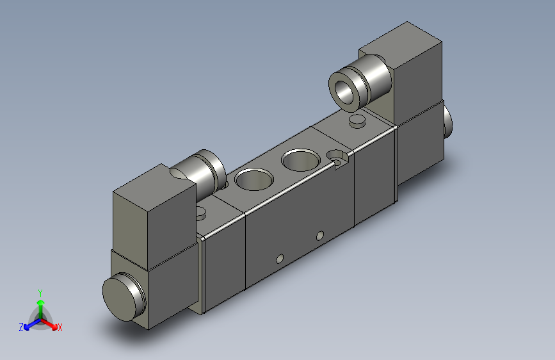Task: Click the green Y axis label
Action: pyautogui.click(x=40, y=292)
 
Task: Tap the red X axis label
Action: pyautogui.click(x=60, y=328)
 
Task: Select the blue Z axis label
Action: pyautogui.click(x=21, y=327)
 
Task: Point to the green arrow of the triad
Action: pyautogui.click(x=40, y=304)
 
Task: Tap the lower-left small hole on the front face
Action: pyautogui.click(x=279, y=259)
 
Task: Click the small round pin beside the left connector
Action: pyautogui.click(x=202, y=211)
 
